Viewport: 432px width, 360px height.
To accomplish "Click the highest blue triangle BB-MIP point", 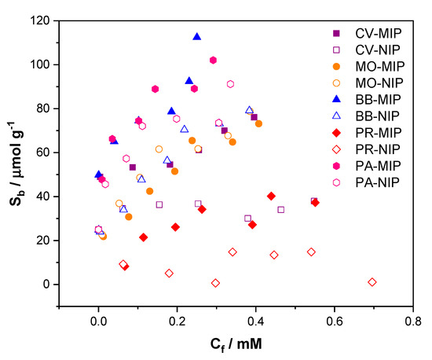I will click(196, 36).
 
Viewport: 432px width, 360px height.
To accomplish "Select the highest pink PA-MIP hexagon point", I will click(213, 60).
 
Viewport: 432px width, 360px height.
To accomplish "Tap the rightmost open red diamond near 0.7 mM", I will click(372, 281).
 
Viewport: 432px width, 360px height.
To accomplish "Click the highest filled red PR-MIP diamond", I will click(271, 196).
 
